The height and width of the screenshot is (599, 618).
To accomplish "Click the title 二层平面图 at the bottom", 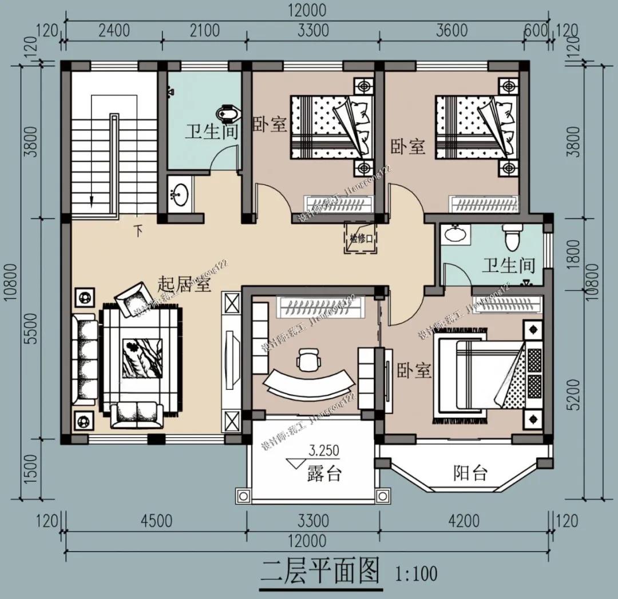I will click(321, 569).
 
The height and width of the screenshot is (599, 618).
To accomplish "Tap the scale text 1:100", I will click(416, 572).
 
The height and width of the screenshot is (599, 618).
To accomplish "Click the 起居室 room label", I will click(184, 283).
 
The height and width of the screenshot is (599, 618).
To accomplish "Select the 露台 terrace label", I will click(324, 474).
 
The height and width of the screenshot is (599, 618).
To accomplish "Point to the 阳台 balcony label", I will click(470, 473).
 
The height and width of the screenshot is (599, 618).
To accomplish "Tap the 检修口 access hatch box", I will click(359, 238).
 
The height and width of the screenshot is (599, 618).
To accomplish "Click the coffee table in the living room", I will click(141, 358).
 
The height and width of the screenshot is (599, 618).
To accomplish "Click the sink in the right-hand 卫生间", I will click(456, 234).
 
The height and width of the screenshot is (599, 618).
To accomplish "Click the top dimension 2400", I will click(114, 30).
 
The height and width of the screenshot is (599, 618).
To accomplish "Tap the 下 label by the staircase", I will click(138, 231).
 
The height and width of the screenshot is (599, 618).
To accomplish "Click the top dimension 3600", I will click(451, 30).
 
